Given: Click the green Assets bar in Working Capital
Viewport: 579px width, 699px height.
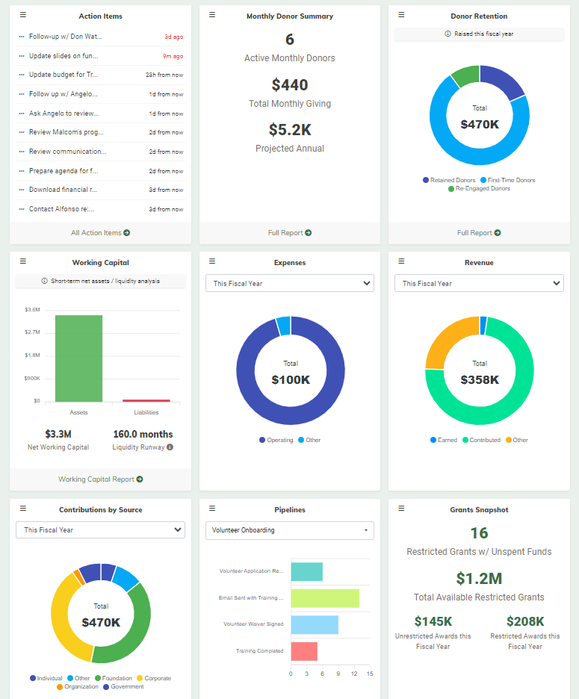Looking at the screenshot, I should tap(78, 358).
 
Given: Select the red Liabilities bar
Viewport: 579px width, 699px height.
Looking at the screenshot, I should tap(146, 401).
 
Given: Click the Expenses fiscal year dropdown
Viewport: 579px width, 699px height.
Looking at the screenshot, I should tap(290, 284).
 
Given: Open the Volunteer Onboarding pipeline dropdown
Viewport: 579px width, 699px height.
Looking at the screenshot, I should tap(290, 530).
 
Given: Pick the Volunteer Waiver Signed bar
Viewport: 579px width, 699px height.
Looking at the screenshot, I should tap(315, 624).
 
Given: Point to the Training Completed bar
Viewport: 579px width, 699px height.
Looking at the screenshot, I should tap(304, 651).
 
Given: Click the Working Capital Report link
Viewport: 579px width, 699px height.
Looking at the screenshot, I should tap(100, 479).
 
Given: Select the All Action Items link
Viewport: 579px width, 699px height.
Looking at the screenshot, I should tap(100, 233).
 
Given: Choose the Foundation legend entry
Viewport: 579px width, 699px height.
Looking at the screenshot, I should tap(114, 678).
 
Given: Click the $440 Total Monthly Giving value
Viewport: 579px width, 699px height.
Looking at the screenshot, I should tap(290, 85).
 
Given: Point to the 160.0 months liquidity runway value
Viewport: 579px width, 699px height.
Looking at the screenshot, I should tap(143, 434).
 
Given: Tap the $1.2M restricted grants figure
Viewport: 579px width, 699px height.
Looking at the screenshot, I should tap(479, 578).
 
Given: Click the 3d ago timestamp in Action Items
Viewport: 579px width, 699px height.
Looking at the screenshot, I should tap(173, 37).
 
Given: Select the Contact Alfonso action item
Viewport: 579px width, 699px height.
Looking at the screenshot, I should tap(64, 209).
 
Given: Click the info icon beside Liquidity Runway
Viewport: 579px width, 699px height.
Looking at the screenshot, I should tap(170, 447).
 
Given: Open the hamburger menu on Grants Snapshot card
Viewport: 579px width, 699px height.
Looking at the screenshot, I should tap(401, 509).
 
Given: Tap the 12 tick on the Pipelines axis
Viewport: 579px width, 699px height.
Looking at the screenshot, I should tap(354, 674).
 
